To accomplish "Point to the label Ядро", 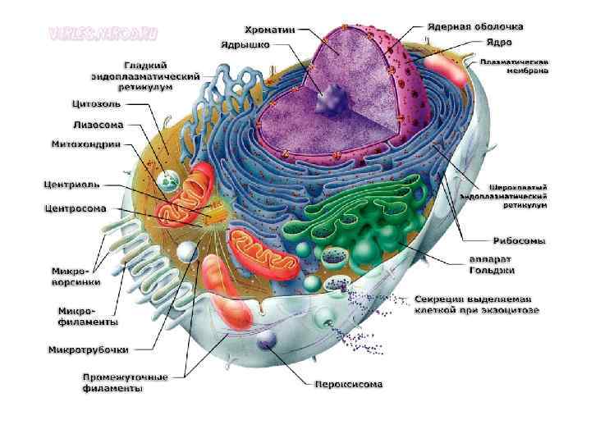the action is click(x=498, y=42).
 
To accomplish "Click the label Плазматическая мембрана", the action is click(x=515, y=66).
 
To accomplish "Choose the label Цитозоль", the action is click(x=97, y=104).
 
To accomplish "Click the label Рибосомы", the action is click(x=519, y=241).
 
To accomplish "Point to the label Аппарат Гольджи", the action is click(x=492, y=265).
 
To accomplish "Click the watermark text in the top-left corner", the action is click(x=103, y=34).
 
